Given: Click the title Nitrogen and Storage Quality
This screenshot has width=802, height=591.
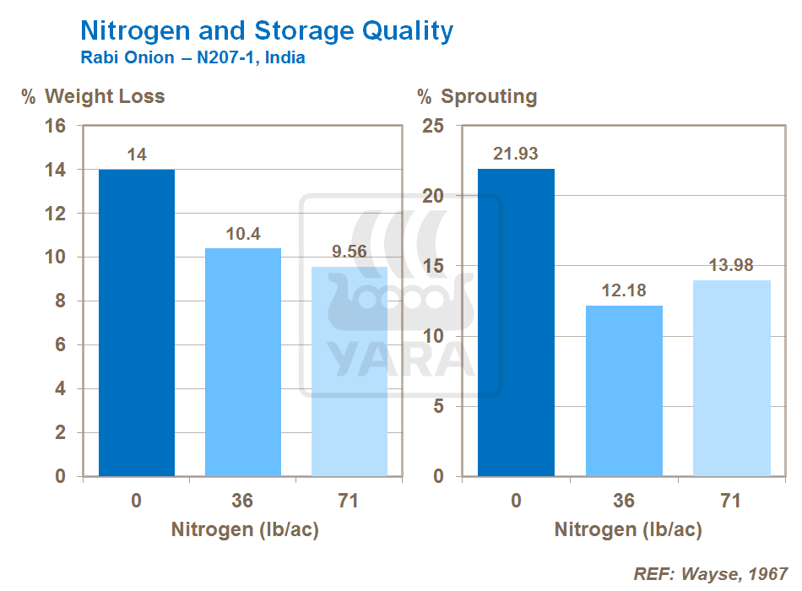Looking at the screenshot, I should (x=266, y=31).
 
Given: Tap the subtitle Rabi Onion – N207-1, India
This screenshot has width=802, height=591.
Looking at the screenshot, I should (x=192, y=59).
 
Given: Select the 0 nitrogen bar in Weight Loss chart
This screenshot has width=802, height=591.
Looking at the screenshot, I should (x=137, y=323).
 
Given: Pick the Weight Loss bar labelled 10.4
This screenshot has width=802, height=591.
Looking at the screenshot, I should (x=243, y=362).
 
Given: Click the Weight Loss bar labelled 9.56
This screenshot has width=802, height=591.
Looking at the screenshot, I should (x=350, y=371).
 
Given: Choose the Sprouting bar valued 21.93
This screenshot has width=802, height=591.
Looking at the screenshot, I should (x=517, y=323).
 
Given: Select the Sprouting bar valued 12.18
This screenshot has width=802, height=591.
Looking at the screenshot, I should (x=624, y=391).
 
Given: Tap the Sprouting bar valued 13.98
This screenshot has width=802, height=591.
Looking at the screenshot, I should (x=731, y=378).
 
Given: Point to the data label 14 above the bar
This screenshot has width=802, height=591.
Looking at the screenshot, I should (x=137, y=155).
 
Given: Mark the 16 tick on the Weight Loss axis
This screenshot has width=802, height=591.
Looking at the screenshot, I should (x=55, y=126).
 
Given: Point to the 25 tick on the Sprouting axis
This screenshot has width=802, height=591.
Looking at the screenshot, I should (x=434, y=126).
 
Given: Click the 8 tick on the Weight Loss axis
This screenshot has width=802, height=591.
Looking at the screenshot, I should (x=60, y=301).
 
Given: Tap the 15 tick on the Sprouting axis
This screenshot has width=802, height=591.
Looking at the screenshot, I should (x=434, y=266).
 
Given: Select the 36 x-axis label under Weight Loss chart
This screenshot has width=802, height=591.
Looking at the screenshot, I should (x=242, y=501).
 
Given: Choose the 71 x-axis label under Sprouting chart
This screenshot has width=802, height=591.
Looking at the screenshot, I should (x=731, y=501).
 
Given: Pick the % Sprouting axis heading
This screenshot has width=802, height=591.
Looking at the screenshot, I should (x=477, y=96).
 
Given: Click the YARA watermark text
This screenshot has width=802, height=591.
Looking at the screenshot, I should (x=402, y=356).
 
